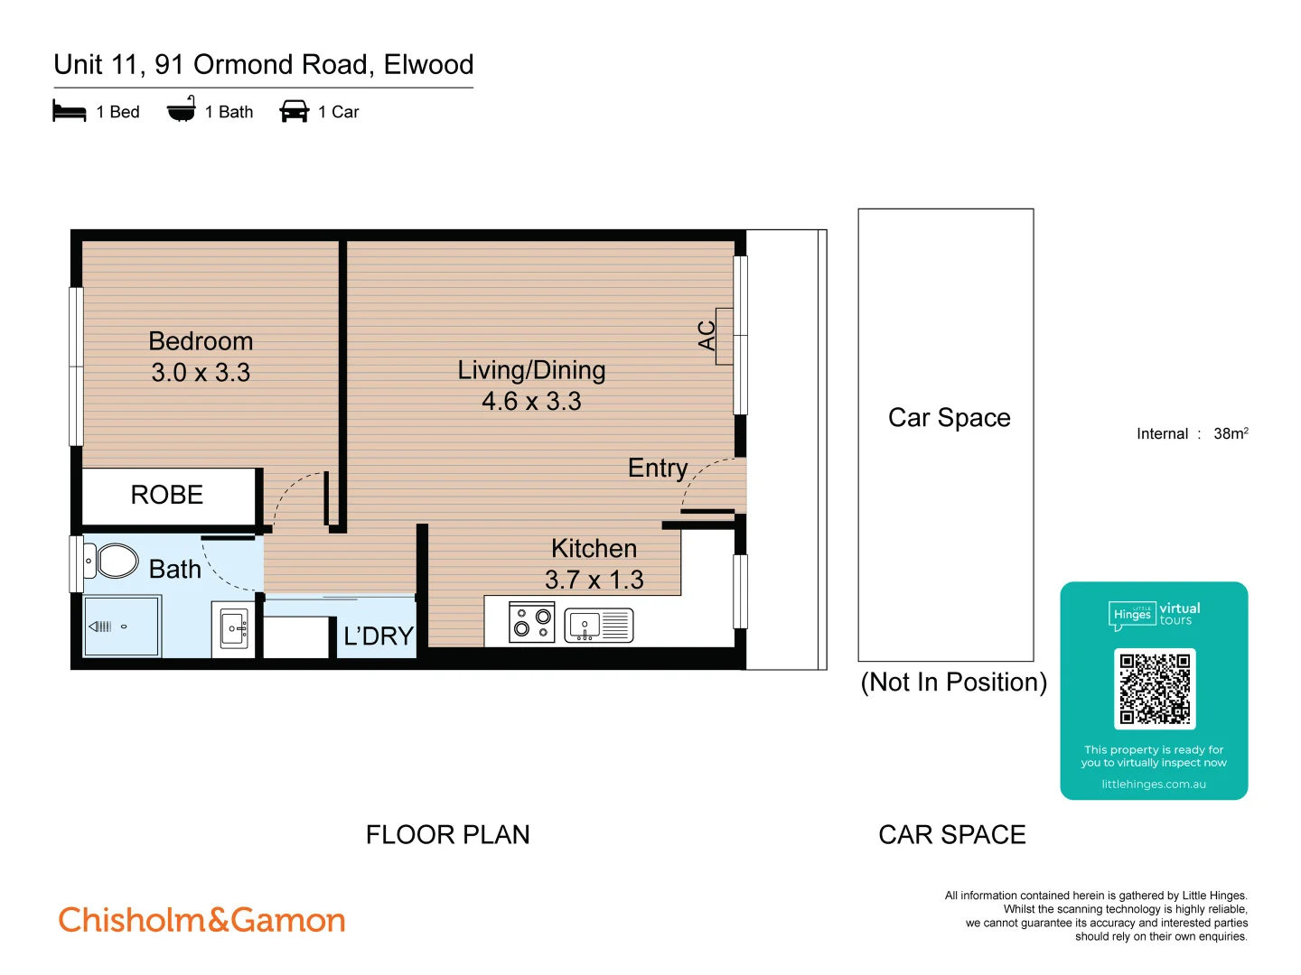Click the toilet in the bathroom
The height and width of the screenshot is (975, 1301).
click(x=113, y=561)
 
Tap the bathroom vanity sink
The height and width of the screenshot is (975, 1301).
click(x=234, y=628)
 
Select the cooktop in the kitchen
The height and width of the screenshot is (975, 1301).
click(x=532, y=623)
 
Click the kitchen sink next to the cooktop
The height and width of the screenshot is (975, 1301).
click(x=598, y=625)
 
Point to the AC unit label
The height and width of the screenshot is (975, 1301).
click(x=707, y=335)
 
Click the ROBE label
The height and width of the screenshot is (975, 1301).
click(x=167, y=495)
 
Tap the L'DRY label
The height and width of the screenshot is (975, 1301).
click(x=379, y=636)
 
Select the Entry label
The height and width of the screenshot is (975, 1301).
click(x=658, y=468)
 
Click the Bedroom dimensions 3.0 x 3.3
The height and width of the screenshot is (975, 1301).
click(x=201, y=372)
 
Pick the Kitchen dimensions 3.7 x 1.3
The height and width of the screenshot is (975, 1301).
click(x=594, y=580)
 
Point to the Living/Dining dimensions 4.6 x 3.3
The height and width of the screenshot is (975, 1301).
click(x=531, y=401)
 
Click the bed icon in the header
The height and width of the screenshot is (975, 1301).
click(x=70, y=112)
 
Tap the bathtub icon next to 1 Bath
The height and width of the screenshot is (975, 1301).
click(x=182, y=110)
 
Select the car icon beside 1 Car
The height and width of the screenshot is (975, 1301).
click(x=295, y=112)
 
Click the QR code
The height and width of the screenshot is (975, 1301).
click(x=1155, y=689)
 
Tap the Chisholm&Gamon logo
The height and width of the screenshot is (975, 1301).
click(x=202, y=920)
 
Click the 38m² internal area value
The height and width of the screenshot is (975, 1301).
click(x=1231, y=433)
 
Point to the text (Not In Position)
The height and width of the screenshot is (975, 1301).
click(x=953, y=682)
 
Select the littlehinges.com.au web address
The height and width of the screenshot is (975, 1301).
click(x=1154, y=785)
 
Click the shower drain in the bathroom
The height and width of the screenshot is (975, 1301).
click(x=124, y=627)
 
